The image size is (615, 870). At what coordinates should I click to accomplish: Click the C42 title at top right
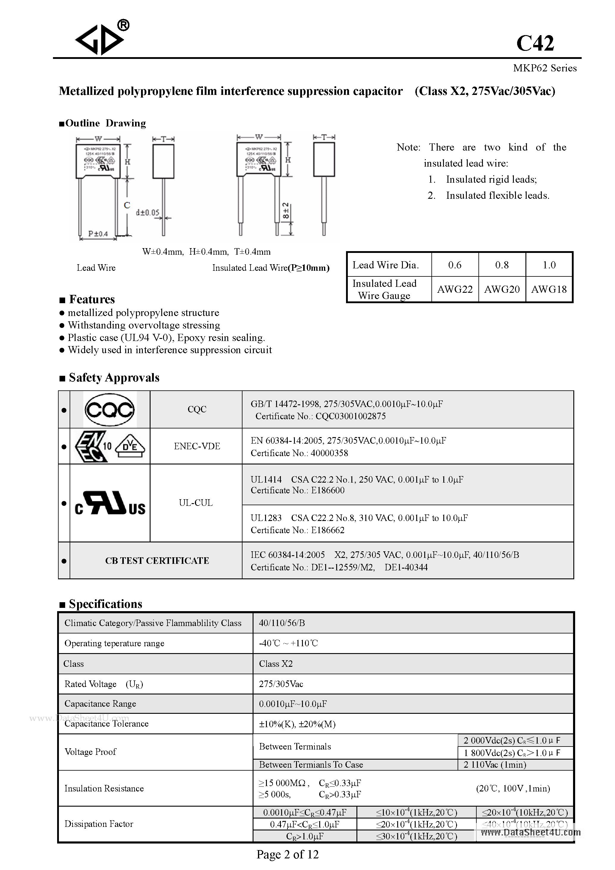tap(535, 43)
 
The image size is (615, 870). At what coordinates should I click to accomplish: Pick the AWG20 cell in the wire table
tap(502, 289)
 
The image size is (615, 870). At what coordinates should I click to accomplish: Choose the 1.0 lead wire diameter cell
tap(549, 265)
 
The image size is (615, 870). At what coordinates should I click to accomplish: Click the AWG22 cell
tap(455, 289)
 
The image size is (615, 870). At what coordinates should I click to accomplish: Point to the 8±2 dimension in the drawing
tap(286, 211)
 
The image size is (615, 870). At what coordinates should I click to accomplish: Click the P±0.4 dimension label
tap(98, 234)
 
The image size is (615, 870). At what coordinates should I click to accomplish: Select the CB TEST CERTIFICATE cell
tap(157, 561)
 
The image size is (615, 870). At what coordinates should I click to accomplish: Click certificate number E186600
tap(328, 490)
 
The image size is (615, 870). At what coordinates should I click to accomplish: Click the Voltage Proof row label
tap(90, 752)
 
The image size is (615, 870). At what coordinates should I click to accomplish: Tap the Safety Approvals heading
tap(114, 378)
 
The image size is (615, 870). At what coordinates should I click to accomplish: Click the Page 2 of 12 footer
tap(288, 855)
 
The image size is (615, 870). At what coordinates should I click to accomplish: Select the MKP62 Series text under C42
tap(544, 68)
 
